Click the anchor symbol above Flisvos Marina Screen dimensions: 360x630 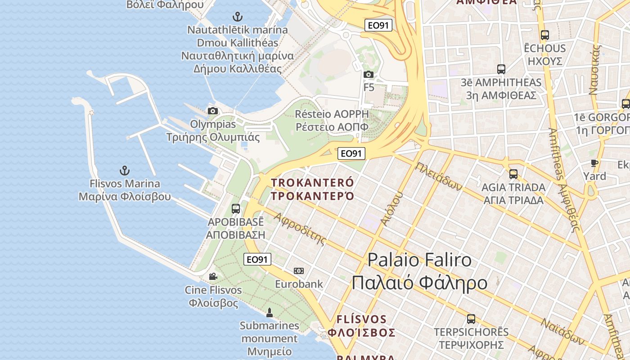(125, 171)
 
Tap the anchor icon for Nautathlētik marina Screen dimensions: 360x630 (237, 17)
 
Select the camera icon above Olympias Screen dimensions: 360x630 (213, 111)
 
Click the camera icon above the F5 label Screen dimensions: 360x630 (369, 74)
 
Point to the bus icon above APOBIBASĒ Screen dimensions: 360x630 (236, 209)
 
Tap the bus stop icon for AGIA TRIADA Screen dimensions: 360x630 (513, 174)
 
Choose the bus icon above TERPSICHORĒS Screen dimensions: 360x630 (471, 319)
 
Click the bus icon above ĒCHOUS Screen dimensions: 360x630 (545, 35)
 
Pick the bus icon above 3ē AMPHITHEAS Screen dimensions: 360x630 (501, 69)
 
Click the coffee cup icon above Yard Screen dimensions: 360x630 (594, 163)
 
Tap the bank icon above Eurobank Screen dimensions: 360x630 (299, 271)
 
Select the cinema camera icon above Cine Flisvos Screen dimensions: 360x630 (213, 276)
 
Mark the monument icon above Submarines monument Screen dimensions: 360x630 (270, 312)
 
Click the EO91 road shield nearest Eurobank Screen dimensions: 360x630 (257, 259)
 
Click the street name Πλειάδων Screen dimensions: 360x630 (439, 176)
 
